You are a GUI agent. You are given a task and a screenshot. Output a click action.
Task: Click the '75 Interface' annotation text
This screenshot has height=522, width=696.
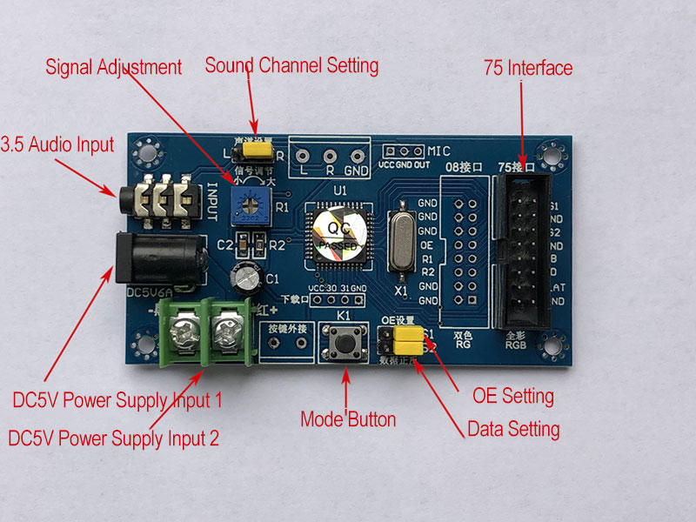[x=528, y=68]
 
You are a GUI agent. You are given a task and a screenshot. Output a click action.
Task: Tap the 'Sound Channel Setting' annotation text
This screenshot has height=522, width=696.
[x=291, y=65]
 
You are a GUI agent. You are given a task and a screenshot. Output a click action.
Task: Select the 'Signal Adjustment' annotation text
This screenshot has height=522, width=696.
[x=113, y=67]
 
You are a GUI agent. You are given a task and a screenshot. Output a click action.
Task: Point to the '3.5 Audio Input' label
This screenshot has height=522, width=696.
[x=57, y=144]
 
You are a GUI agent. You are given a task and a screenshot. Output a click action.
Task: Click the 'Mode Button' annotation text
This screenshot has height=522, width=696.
[x=348, y=419]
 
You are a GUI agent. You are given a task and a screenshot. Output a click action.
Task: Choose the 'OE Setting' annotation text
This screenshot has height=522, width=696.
[x=512, y=397]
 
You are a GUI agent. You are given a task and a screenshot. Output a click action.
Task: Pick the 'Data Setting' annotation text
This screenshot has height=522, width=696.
[x=513, y=429]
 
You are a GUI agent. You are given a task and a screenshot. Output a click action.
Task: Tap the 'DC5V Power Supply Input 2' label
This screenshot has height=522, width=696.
[x=113, y=438]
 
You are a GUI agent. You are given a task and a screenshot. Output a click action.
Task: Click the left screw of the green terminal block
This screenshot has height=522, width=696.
[x=186, y=331]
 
